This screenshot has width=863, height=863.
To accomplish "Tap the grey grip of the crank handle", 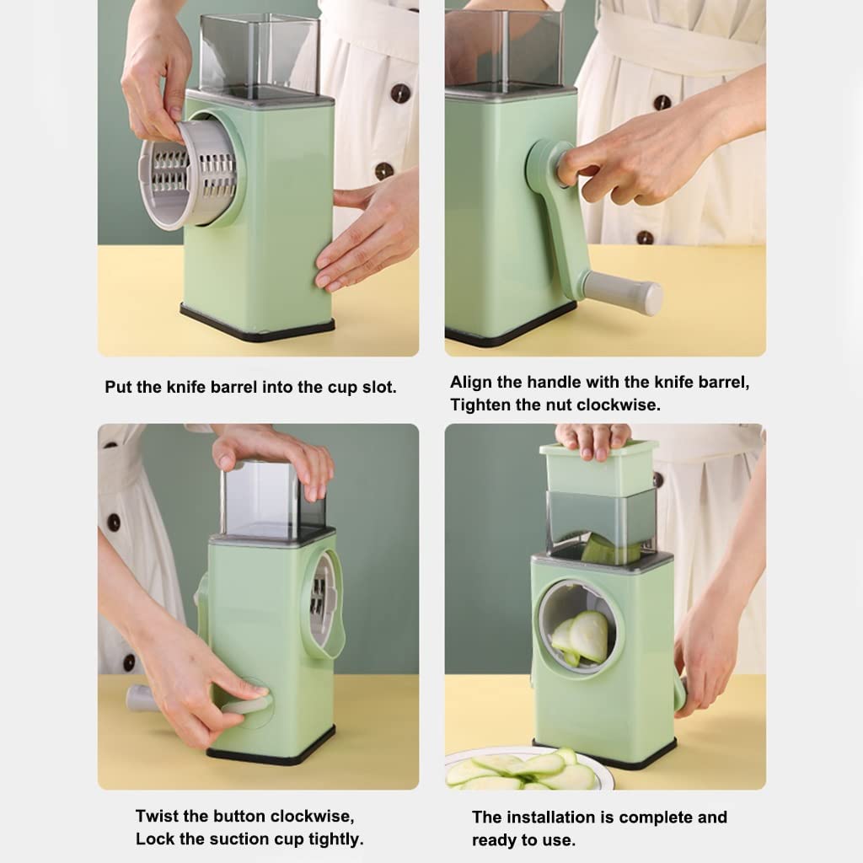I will pyautogui.click(x=623, y=293).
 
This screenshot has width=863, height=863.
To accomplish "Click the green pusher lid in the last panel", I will pyautogui.click(x=598, y=468).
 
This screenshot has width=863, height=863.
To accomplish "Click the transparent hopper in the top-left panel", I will pyautogui.click(x=257, y=53).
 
